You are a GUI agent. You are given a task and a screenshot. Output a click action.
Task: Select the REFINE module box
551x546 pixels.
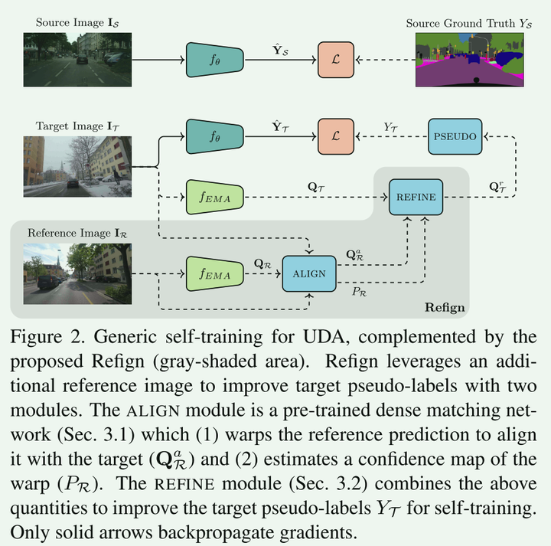coord(416,197)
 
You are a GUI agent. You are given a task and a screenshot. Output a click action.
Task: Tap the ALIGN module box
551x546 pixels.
coord(309,273)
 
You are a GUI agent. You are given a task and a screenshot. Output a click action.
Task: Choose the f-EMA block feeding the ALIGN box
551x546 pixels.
coord(214,273)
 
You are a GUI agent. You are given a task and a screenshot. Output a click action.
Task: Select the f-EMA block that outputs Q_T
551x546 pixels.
coord(214,197)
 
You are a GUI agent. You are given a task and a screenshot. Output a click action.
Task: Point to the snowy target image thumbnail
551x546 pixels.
coord(66,168)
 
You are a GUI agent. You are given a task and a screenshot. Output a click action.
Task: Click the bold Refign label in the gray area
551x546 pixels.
coord(444,308)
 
